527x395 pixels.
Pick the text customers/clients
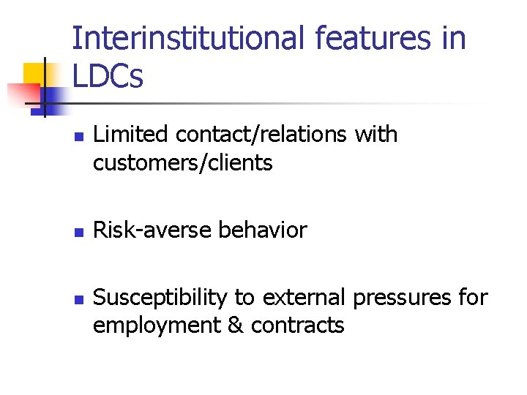pos(182,162)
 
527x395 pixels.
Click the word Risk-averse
pos(153,230)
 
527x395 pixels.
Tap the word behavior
pos(263,230)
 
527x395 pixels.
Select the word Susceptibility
pos(161,298)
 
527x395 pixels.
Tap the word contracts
pos(297,326)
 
